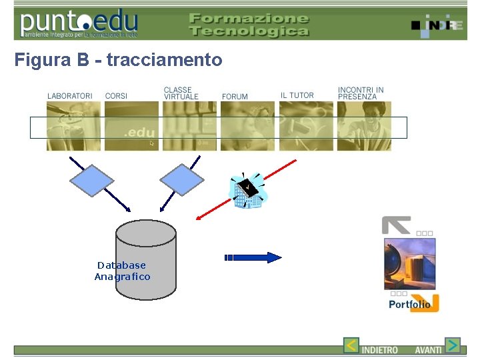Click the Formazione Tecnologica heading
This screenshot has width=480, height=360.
coord(249,25)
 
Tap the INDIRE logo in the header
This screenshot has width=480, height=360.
coord(437,25)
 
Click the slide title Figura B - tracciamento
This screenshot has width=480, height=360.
coord(118,61)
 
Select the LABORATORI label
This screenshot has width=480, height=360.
coord(70,96)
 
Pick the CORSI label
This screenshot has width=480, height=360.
coord(116,96)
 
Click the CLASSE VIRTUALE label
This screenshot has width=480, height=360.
coord(181,93)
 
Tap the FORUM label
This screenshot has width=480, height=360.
coord(235,97)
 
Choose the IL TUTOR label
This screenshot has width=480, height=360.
coord(297,95)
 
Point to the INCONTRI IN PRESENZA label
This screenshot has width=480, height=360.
coord(361,93)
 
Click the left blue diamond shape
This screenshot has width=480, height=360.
coord(92,180)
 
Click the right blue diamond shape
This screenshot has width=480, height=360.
coord(181,180)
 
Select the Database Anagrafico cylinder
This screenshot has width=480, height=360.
coord(146,260)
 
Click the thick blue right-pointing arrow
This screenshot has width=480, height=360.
coord(253,257)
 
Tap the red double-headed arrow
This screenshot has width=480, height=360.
coord(247,189)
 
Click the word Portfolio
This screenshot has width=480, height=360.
coord(409,305)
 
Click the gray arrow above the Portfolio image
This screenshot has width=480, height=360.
coord(396,225)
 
